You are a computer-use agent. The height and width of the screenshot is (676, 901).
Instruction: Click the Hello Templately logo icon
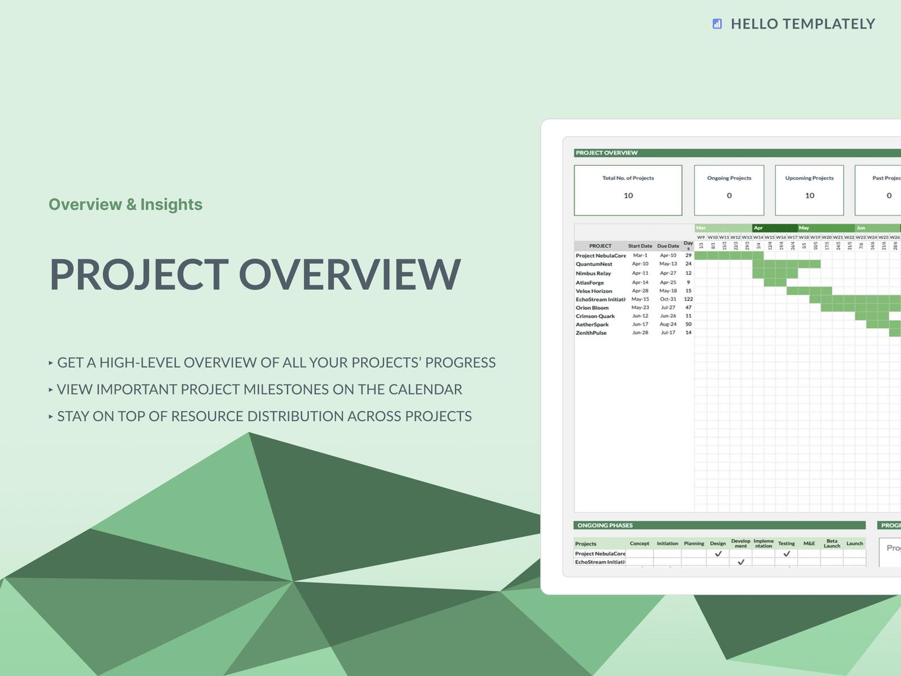pyautogui.click(x=717, y=24)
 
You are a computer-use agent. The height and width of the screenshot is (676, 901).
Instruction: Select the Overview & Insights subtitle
pyautogui.click(x=125, y=204)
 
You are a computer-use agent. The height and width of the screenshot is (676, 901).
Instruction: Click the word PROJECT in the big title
pyautogui.click(x=139, y=275)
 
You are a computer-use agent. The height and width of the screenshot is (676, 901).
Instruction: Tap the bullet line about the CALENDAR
pyautogui.click(x=259, y=389)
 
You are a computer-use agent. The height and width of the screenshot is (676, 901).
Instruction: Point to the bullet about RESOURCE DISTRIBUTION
pyautogui.click(x=264, y=416)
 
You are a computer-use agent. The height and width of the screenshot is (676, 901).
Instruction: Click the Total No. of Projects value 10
pyautogui.click(x=628, y=196)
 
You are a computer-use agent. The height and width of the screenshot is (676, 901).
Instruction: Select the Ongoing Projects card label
pyautogui.click(x=729, y=178)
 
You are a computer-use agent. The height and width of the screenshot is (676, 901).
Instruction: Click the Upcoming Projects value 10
pyautogui.click(x=810, y=196)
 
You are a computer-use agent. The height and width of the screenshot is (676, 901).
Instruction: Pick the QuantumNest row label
pyautogui.click(x=594, y=264)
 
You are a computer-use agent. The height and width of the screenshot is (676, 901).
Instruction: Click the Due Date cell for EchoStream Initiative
pyautogui.click(x=668, y=299)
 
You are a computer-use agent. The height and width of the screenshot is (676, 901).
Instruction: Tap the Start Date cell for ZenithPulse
pyautogui.click(x=640, y=333)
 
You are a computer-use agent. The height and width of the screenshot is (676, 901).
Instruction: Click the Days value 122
pyautogui.click(x=688, y=299)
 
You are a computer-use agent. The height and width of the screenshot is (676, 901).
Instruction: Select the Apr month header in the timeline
pyautogui.click(x=774, y=228)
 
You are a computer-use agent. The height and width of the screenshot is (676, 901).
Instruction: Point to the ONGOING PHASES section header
pyautogui.click(x=605, y=526)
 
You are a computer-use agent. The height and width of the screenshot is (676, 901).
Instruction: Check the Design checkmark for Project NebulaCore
pyautogui.click(x=718, y=553)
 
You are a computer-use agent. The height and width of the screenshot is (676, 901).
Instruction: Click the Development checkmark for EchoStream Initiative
pyautogui.click(x=741, y=562)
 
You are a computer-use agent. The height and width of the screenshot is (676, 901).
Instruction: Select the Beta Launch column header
pyautogui.click(x=832, y=543)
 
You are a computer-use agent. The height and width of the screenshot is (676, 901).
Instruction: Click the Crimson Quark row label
pyautogui.click(x=595, y=316)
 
